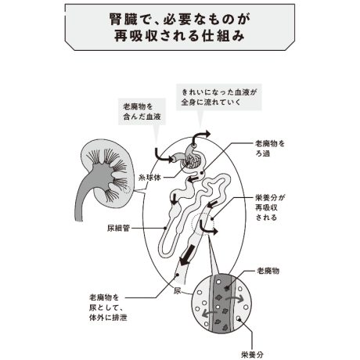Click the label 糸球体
point(149,178)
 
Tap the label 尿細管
point(118,229)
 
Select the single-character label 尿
point(178,290)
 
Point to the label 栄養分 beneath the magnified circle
point(252,355)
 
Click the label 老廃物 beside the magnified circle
point(268,271)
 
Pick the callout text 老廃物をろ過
point(270,149)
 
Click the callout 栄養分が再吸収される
point(270,207)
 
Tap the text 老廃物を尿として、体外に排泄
point(108,308)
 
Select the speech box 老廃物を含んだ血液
point(142,112)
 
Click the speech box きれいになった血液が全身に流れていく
point(219,97)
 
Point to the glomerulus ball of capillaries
point(193,163)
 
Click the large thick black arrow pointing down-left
point(187,255)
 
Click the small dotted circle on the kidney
point(127,189)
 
